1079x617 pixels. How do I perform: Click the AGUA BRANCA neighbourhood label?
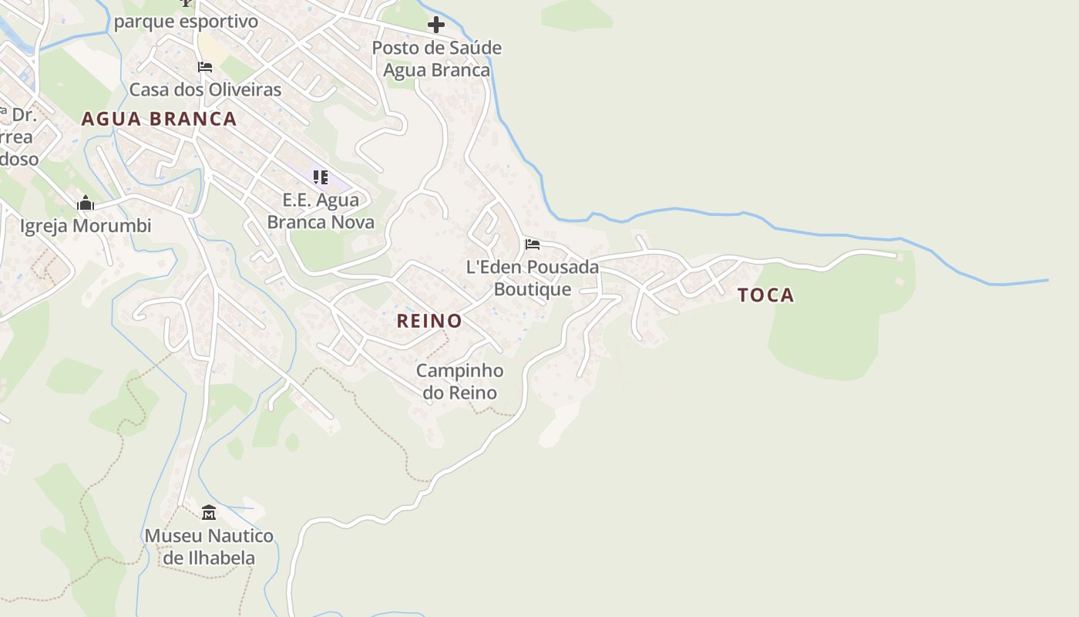159,119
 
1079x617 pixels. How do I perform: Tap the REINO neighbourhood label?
429,321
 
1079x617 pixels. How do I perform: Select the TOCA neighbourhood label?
765,295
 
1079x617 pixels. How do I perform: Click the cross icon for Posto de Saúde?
436,25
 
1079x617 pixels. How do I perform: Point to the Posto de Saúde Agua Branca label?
436,59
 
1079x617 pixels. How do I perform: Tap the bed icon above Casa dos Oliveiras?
205,67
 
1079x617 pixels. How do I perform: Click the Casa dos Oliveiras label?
205,89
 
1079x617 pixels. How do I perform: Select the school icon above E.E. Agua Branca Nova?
321,177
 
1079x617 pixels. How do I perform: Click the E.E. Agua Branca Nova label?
321,211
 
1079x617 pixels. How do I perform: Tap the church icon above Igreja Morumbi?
86,203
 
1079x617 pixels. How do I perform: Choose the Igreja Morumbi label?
86,226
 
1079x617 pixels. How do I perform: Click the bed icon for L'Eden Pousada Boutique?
533,244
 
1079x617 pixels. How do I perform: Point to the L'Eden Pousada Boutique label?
533,278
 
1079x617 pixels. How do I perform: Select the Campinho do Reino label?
460,381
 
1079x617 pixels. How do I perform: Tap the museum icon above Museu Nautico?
209,512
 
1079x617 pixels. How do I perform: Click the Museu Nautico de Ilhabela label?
209,546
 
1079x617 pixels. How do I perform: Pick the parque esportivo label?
186,22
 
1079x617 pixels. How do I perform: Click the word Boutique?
533,289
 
